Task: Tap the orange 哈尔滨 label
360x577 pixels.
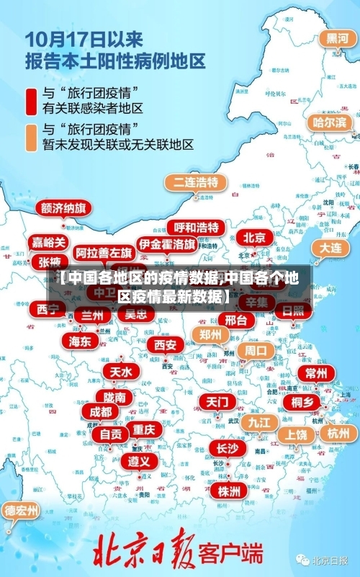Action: (329, 122)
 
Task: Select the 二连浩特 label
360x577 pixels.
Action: (195, 182)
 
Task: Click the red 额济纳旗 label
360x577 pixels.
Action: (64, 208)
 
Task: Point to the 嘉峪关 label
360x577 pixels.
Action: (49, 242)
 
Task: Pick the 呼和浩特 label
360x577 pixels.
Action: (197, 228)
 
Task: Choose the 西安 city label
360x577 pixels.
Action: (165, 345)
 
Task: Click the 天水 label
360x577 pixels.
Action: (120, 372)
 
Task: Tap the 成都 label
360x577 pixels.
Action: (101, 411)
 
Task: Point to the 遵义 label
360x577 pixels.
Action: (139, 460)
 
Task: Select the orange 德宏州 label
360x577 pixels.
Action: (22, 511)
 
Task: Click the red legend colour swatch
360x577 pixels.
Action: (32, 101)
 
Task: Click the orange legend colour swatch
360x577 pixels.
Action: (32, 137)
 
